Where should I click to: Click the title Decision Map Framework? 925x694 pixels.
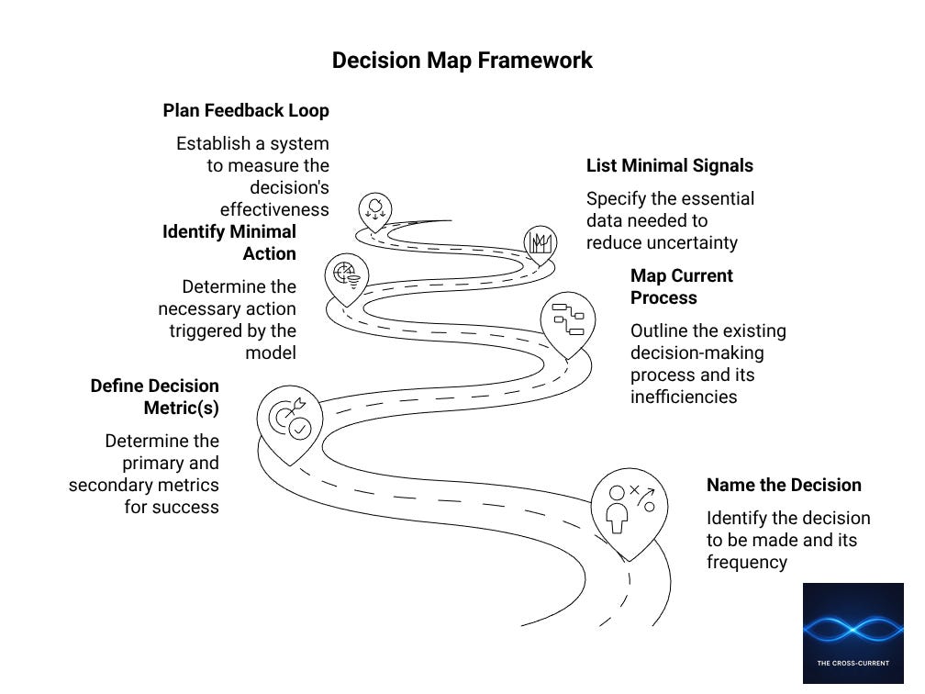click(x=462, y=61)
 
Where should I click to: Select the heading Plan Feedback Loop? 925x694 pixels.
click(x=246, y=111)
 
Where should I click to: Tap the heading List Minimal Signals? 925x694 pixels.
click(x=669, y=166)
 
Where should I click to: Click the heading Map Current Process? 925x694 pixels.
click(x=681, y=286)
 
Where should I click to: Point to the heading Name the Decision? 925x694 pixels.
click(x=784, y=486)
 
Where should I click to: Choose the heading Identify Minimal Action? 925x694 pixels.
click(x=229, y=242)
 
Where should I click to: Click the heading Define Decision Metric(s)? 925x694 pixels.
click(x=155, y=397)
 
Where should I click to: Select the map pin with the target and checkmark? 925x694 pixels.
click(x=289, y=420)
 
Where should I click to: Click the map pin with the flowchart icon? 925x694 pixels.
click(x=567, y=320)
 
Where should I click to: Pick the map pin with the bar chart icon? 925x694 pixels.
click(x=541, y=242)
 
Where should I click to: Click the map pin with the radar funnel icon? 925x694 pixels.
click(x=347, y=274)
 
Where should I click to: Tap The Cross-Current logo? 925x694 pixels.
click(x=853, y=633)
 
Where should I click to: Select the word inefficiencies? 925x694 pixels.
click(x=683, y=397)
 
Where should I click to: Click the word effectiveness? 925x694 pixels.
click(x=274, y=210)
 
